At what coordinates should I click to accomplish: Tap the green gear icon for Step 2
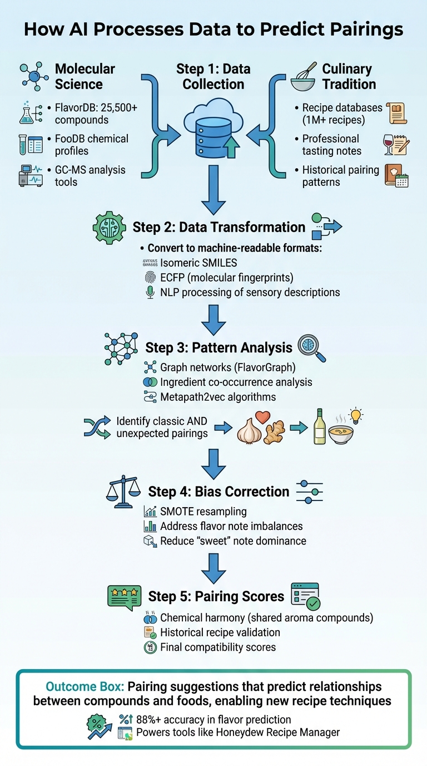coord(109,227)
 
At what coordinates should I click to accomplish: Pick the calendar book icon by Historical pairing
coord(396,176)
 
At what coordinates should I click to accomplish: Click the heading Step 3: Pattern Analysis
coord(219,348)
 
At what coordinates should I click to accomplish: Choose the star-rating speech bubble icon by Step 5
coord(123,596)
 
